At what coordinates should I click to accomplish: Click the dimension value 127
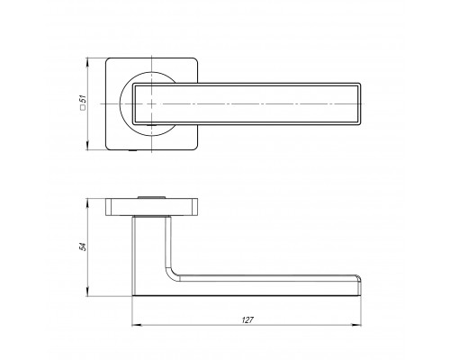pyautogui.click(x=247, y=320)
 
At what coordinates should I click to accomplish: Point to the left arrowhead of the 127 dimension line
pyautogui.click(x=137, y=325)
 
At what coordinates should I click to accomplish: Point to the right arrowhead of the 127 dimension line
pyautogui.click(x=356, y=325)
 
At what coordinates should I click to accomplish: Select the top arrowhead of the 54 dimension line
pyautogui.click(x=87, y=203)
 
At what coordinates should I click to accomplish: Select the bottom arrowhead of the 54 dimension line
pyautogui.click(x=87, y=292)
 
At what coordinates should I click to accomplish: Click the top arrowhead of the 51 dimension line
pyautogui.click(x=87, y=63)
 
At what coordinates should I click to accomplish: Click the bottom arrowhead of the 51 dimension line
pyautogui.click(x=87, y=146)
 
